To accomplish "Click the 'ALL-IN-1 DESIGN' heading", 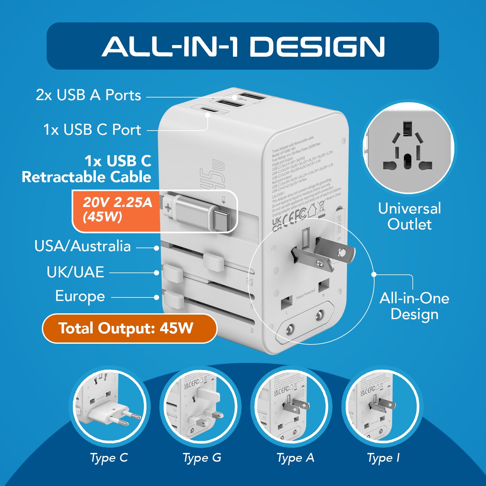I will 243,46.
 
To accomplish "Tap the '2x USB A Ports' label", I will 88,95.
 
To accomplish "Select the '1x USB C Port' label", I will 92,130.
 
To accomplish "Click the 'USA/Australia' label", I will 83,246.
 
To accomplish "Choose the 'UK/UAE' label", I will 75,272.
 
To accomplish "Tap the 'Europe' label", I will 80,296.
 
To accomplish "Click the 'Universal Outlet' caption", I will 409,216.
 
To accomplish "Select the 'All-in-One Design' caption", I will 414,306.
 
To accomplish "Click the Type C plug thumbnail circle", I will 109,406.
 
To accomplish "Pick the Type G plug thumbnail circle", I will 200,406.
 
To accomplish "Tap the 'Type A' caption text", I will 295,458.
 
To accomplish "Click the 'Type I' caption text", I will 383,458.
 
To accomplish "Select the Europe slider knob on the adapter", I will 174,300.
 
